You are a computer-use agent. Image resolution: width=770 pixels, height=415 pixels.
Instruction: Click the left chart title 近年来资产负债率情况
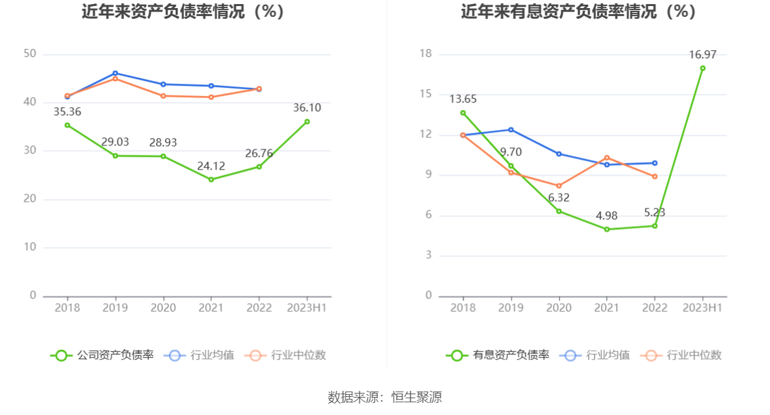(182, 12)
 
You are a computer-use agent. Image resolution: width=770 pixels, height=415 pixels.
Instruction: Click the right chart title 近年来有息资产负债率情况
(578, 12)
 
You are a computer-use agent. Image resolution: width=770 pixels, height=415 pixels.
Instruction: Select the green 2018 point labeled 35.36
(67, 125)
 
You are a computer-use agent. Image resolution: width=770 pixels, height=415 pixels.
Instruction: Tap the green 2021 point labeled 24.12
(211, 180)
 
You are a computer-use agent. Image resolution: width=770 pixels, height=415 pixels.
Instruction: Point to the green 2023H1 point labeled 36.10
(307, 121)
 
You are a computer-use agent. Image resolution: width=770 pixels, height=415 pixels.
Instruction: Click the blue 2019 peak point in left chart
(115, 73)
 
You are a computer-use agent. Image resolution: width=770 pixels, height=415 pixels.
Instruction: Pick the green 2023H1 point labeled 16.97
(703, 68)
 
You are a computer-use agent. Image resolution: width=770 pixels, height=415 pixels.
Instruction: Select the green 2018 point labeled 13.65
(463, 113)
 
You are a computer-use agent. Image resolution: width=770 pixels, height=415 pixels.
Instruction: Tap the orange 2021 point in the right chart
(607, 158)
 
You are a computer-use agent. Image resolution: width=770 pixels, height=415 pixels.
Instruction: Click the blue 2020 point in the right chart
(559, 154)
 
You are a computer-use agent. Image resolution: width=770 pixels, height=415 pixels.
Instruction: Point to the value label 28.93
(163, 142)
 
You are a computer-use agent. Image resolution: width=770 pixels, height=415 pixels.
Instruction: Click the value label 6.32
(559, 198)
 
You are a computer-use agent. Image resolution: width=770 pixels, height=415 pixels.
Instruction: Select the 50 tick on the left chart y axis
(30, 54)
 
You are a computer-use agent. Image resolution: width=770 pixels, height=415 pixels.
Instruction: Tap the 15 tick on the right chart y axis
(426, 94)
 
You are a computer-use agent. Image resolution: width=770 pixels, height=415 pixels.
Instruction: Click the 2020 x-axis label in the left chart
(163, 308)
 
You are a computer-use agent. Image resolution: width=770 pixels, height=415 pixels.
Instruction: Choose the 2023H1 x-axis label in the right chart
(703, 308)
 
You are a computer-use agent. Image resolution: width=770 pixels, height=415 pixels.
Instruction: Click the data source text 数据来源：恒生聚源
(385, 397)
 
